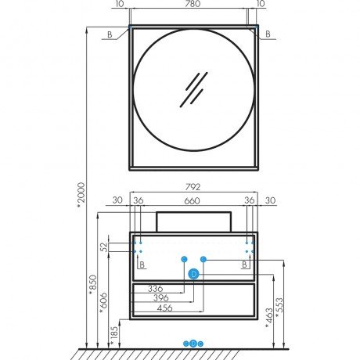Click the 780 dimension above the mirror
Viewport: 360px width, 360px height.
coord(193,4)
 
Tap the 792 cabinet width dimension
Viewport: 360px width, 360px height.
coord(193,187)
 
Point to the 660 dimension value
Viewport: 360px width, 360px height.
coord(193,201)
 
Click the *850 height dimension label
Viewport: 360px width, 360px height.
coord(92,285)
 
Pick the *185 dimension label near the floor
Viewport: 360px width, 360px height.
coord(114,337)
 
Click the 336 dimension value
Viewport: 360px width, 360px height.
coord(156,289)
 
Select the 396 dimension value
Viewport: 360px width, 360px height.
coord(161,298)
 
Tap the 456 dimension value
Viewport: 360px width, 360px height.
coord(165,308)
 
